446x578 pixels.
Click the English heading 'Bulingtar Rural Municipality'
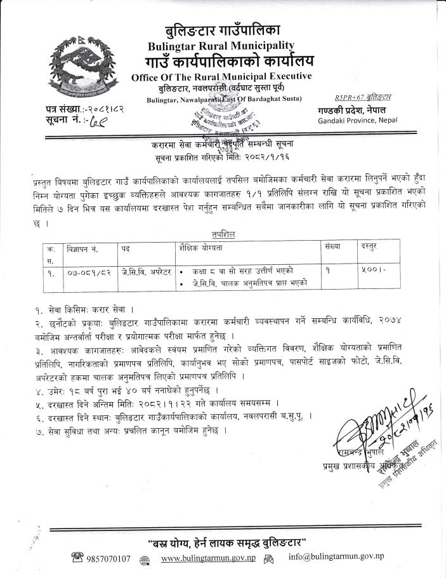pos(220,45)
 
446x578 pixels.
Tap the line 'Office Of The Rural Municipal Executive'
pos(221,77)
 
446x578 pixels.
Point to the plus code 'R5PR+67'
pos(350,97)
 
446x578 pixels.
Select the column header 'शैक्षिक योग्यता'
pos(204,245)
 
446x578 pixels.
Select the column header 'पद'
pos(126,245)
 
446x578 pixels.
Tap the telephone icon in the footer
pos(79,558)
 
